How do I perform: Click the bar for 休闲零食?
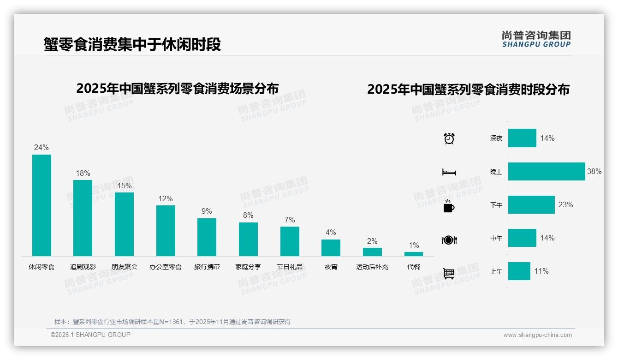point(42,205)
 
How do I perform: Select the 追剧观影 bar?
point(83,218)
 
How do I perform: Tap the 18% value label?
point(83,174)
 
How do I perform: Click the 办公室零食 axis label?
point(166,267)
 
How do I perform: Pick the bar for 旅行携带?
point(207,237)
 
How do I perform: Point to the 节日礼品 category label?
point(290,267)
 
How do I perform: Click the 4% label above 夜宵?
point(331,233)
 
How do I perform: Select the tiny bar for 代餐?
point(414,254)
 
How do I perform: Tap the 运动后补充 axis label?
point(372,267)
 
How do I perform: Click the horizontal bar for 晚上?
point(547,172)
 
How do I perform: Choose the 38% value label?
point(594,172)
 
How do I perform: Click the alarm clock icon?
point(449,138)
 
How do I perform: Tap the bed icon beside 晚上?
point(449,172)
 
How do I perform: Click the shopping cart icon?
point(449,273)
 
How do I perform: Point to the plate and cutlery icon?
point(449,240)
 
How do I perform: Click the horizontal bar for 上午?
point(519,271)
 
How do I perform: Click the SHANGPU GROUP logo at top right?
point(536,39)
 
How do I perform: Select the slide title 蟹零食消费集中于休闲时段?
point(132,44)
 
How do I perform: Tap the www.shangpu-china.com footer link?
point(537,335)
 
